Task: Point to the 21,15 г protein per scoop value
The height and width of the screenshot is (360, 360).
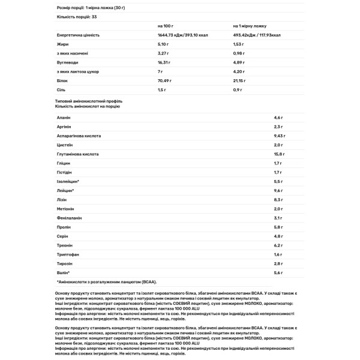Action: coord(239,80)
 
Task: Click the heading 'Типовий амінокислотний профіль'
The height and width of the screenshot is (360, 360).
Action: coord(88,101)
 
